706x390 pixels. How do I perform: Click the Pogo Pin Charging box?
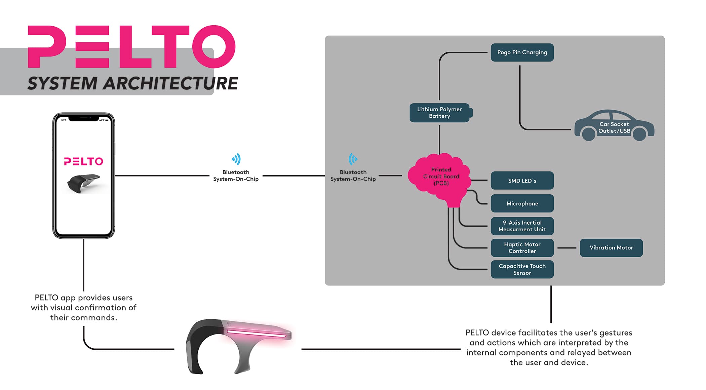(522, 52)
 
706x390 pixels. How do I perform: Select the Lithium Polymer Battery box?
(439, 113)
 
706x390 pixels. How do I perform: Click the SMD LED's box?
(522, 181)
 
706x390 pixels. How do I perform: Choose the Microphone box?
(522, 203)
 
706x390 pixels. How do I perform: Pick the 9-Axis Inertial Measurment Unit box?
(522, 226)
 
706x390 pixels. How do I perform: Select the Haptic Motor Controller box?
(522, 248)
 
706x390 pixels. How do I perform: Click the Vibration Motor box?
(611, 248)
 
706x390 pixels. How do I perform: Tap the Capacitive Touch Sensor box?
(522, 269)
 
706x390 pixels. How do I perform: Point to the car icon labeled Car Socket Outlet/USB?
(614, 126)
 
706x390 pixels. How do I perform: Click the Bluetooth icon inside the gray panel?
(353, 159)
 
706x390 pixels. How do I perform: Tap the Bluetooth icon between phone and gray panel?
(236, 159)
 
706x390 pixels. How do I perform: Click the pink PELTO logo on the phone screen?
(83, 161)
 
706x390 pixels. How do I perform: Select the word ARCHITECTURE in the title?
(170, 83)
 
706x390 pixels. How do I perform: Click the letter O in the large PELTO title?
(214, 46)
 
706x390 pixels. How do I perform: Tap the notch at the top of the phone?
(84, 118)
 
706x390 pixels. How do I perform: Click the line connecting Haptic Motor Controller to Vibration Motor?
(567, 248)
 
